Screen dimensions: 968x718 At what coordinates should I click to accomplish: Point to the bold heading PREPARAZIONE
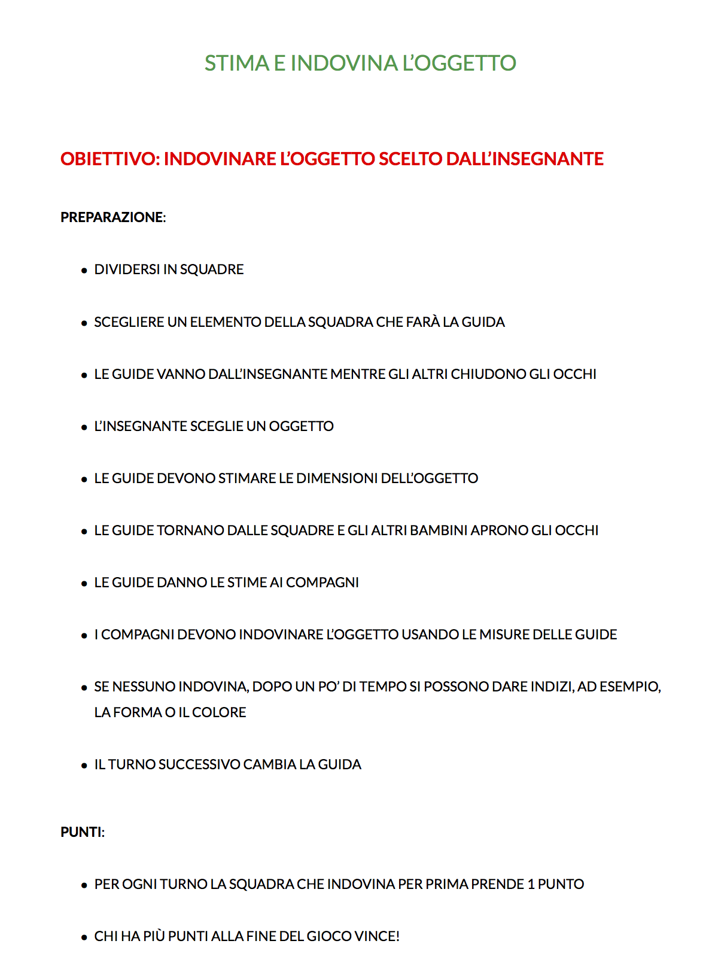click(x=112, y=217)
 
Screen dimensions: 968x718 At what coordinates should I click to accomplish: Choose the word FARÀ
click(x=423, y=323)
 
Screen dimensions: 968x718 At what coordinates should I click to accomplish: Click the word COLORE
click(x=219, y=713)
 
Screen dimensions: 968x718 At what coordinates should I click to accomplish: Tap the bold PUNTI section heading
click(x=81, y=833)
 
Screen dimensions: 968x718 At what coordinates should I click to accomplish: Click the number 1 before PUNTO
click(x=530, y=885)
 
